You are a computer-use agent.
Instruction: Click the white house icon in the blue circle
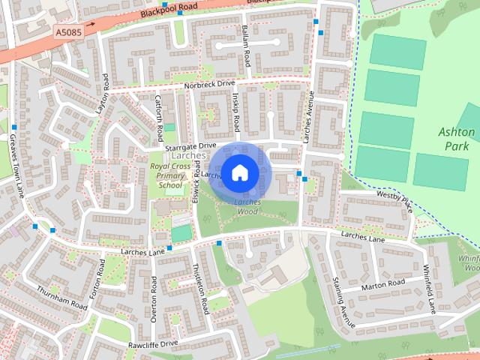point(239,172)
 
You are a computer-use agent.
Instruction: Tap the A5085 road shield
point(67,33)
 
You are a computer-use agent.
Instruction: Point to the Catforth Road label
point(159,119)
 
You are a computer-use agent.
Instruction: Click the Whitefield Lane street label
point(430,289)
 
